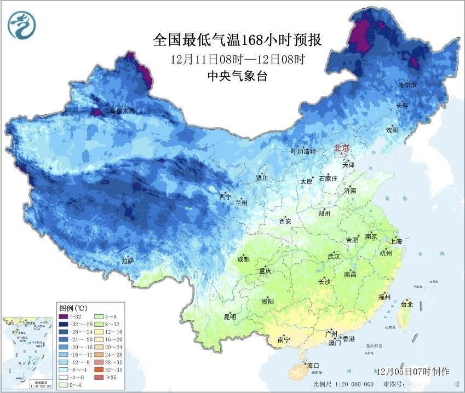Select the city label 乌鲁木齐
pyautogui.click(x=122, y=111)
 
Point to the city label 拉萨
pyautogui.click(x=128, y=261)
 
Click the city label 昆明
pyautogui.click(x=229, y=316)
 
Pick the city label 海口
pyautogui.click(x=313, y=365)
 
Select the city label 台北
pyautogui.click(x=406, y=304)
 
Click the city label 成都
pyautogui.click(x=243, y=259)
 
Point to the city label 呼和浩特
pyautogui.click(x=303, y=152)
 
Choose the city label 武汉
pyautogui.click(x=334, y=256)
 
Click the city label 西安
pyautogui.click(x=285, y=221)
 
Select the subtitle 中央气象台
pyautogui.click(x=237, y=76)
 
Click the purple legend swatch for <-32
pyautogui.click(x=65, y=317)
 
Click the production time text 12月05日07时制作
pyautogui.click(x=412, y=371)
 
